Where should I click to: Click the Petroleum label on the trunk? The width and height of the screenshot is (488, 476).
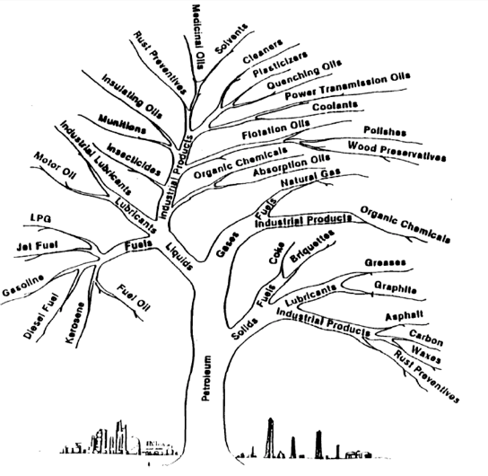pos(205,378)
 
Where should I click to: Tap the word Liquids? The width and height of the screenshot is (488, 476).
pos(179,256)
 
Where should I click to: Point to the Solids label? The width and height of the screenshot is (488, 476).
pos(245,329)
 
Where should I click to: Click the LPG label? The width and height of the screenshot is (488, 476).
pos(40,217)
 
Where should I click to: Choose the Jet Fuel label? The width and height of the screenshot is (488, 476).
pos(37,246)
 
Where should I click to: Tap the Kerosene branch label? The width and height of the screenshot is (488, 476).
pos(75,322)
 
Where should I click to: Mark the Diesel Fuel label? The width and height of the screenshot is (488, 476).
pos(40,316)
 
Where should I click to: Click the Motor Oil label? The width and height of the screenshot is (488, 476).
pos(55,165)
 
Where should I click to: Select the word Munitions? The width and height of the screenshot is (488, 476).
pos(122,124)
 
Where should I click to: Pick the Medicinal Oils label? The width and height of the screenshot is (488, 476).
pos(199,37)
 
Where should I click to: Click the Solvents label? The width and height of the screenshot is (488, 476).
pos(231,39)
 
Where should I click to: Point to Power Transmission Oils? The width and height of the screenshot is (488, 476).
pos(348,86)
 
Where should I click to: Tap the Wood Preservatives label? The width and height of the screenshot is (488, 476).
pos(396,151)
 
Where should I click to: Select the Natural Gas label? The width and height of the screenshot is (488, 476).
pos(310,178)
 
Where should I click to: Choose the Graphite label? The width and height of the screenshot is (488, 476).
pos(396,287)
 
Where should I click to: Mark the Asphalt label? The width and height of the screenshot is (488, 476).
pos(405,315)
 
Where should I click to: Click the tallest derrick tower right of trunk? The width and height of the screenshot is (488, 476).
pos(270,437)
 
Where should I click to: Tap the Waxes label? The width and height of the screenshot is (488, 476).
pos(426,354)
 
